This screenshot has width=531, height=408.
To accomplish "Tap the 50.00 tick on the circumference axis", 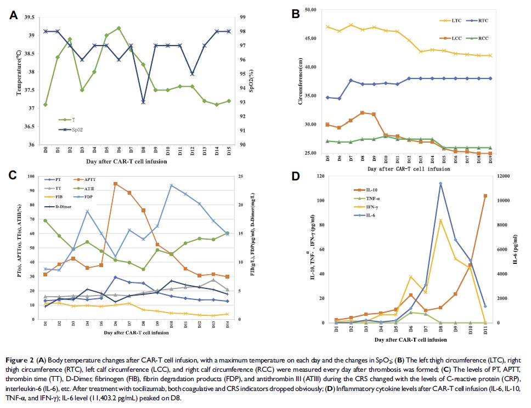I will click(314, 10).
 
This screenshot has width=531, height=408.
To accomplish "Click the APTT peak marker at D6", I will click(115, 184).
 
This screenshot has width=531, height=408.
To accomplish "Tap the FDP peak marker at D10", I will click(171, 185).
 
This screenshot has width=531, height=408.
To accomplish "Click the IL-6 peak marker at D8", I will click(440, 184).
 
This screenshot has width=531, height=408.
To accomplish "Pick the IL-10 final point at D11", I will click(485, 196).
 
